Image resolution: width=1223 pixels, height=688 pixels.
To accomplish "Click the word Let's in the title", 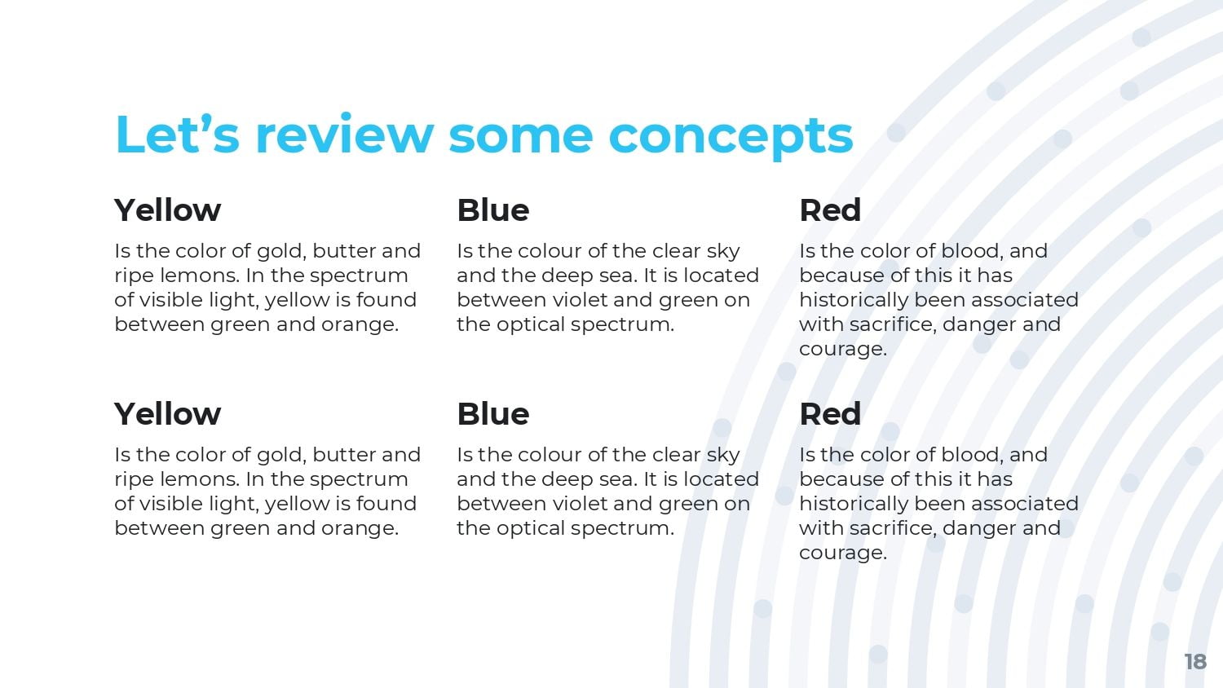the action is coord(178,134).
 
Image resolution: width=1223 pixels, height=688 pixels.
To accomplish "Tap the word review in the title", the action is coord(345,134).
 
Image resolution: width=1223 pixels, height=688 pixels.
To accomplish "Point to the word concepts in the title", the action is coord(731,139).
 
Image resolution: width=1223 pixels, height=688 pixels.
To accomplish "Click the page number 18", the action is coord(1195,662).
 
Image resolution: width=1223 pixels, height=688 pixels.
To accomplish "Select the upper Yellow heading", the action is coord(168,210).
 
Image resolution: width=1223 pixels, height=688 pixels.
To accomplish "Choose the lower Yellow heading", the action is coord(168,414).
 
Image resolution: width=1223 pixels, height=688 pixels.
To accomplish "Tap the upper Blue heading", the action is coord(493,210).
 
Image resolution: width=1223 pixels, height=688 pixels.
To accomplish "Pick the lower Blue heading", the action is coord(493,414).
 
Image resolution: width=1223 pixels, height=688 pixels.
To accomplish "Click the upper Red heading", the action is coord(830,210).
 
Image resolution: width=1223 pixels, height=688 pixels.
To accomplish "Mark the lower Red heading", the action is coord(830,414).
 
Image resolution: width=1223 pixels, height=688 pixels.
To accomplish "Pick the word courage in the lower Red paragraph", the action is coord(842,553).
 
